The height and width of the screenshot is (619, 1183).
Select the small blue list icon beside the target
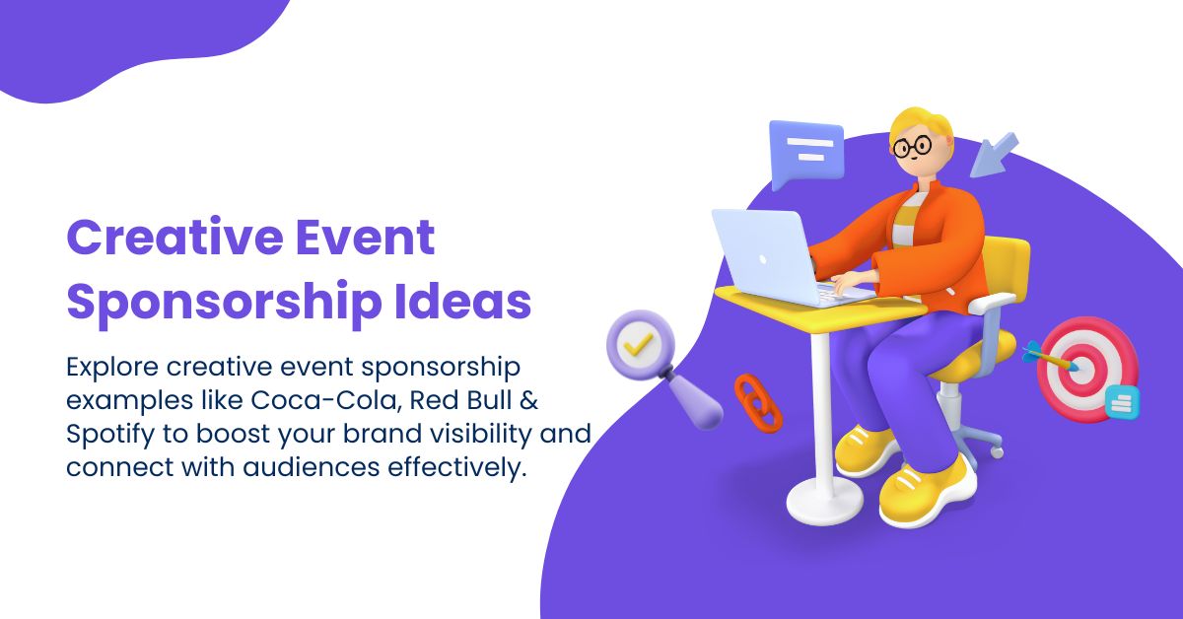tap(1122, 400)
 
